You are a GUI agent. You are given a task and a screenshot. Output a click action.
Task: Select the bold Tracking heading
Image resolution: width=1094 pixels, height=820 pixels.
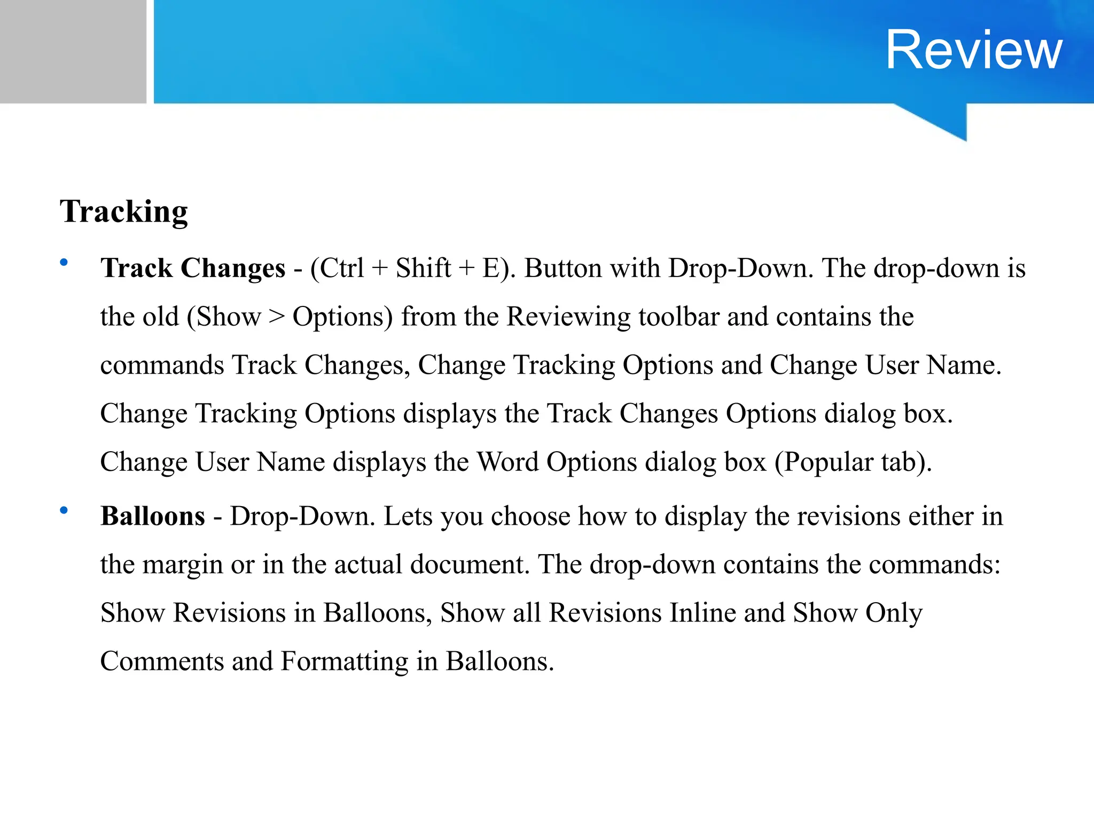123,211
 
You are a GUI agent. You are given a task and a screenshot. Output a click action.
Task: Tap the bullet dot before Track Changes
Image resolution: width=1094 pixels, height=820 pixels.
64,262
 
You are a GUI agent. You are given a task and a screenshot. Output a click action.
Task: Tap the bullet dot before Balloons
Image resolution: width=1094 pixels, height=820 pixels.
64,510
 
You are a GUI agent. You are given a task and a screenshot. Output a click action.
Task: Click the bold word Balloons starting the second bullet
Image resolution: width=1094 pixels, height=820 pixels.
153,516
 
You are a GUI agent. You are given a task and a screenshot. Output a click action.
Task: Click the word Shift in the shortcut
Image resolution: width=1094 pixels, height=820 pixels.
423,268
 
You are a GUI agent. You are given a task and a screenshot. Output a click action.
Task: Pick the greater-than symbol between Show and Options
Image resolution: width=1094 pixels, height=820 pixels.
277,318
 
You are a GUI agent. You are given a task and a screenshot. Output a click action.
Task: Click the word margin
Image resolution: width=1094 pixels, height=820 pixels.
182,565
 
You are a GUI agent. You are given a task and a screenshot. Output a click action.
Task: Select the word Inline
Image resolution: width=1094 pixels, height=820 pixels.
702,613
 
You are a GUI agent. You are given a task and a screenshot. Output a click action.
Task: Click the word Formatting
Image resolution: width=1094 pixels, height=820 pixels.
345,662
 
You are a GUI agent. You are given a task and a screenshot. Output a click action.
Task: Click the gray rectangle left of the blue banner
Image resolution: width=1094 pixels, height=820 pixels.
73,51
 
